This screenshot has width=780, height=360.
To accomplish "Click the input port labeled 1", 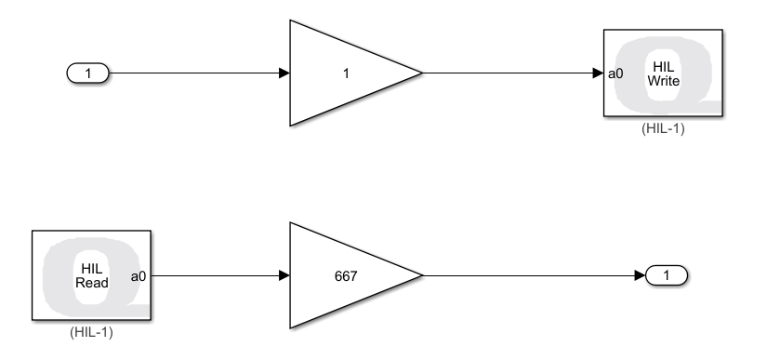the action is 87,73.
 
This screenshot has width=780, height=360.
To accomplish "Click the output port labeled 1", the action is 667,275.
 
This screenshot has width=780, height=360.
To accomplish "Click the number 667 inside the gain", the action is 346,276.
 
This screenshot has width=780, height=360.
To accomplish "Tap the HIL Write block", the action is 663,73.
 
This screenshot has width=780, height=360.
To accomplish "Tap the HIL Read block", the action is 91,275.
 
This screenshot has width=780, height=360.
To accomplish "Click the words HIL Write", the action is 664,73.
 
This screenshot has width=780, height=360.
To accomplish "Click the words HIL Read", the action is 91,276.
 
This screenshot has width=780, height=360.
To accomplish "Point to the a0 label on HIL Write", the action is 615,73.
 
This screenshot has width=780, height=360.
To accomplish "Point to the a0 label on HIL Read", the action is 139,276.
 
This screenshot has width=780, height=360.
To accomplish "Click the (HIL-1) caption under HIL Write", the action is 663,128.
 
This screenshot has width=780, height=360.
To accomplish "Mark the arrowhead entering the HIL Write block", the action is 599,73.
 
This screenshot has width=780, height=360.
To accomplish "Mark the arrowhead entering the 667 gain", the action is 284,275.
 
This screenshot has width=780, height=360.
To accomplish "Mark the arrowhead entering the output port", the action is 641,275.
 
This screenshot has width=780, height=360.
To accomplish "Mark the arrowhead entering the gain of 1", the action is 284,73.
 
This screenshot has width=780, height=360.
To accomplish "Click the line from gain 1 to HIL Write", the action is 513,73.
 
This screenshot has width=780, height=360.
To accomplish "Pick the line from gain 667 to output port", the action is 534,275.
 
